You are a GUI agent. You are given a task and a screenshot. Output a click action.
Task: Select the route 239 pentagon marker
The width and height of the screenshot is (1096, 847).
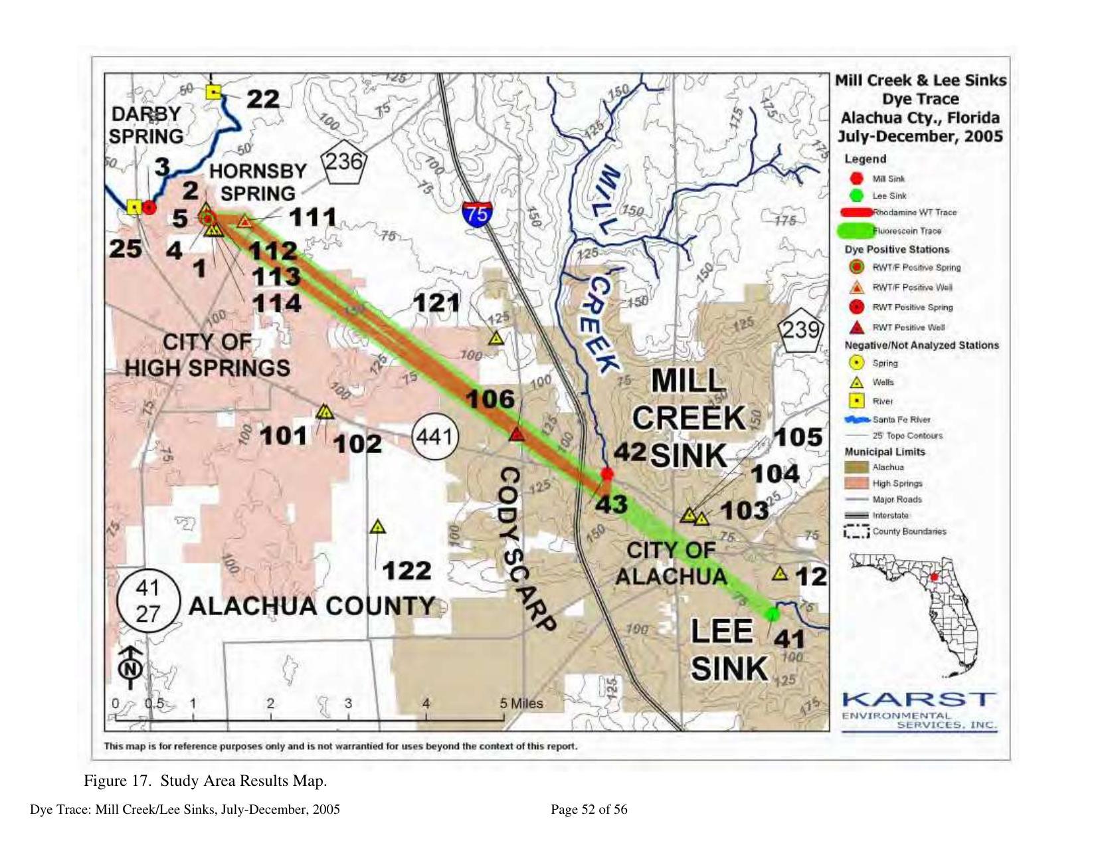click(800, 328)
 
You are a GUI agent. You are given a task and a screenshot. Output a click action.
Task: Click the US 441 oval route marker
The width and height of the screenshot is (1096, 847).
click(435, 436)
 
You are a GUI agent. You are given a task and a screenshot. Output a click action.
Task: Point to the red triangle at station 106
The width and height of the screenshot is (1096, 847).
click(517, 434)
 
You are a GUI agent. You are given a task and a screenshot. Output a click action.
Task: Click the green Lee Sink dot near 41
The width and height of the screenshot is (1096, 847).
click(772, 614)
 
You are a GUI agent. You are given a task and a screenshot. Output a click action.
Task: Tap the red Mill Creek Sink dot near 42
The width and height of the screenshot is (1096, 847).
click(606, 474)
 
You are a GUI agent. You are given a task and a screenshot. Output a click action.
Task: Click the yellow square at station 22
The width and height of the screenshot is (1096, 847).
click(213, 92)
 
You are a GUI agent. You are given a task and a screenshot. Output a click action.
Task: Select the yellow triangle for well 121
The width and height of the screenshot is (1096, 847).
click(496, 338)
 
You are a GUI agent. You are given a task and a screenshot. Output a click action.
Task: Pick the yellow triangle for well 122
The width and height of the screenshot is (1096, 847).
click(377, 527)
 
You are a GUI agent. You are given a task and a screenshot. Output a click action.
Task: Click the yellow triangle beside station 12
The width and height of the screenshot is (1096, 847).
click(780, 573)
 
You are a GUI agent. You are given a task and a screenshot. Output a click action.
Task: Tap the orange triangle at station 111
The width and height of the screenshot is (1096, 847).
click(245, 221)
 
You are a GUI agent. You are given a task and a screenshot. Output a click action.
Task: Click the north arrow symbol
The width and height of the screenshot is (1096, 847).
click(131, 665)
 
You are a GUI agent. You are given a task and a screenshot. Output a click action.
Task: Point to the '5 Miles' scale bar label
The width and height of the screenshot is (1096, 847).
click(522, 703)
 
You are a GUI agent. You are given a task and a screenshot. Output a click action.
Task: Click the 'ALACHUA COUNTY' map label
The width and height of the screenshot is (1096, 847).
click(312, 606)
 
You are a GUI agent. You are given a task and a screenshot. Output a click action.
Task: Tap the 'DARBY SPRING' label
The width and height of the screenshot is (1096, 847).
click(146, 125)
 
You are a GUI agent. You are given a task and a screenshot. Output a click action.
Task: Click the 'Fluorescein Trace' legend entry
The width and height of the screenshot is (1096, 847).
click(893, 231)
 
